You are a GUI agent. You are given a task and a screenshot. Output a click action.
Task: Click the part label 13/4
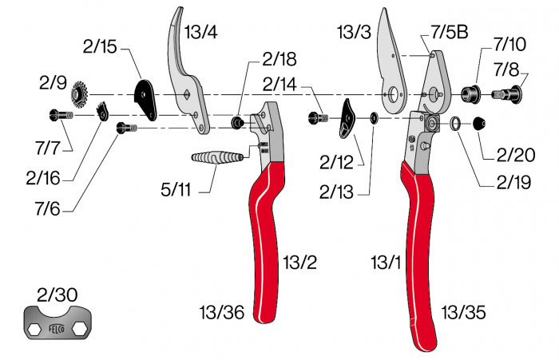pyautogui.click(x=201, y=33)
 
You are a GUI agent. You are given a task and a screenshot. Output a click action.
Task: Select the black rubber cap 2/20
pyautogui.click(x=481, y=124)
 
